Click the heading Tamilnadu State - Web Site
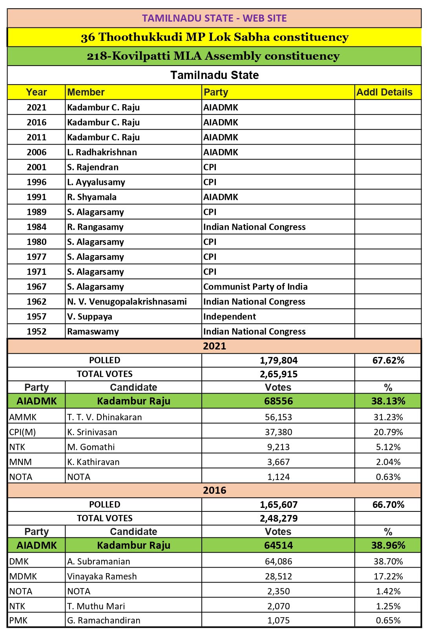pos(214,18)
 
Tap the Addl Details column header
pos(384,92)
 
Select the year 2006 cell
pos(37,152)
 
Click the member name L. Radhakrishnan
pos(102,152)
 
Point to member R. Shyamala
pos(92,197)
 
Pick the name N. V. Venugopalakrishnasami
pos(127,302)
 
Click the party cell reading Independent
pos(230,316)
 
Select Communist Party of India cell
pos(256,287)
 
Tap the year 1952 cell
pos(37,331)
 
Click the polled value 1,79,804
pos(279,360)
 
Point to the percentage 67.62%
pos(388,360)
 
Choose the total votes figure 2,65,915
pos(279,374)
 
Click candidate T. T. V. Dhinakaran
pos(104,417)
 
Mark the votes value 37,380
pos(279,432)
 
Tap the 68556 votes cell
pos(279,401)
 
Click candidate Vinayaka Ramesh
pos(102,576)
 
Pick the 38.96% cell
pos(388,546)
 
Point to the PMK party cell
pos(18,620)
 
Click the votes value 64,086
pos(279,561)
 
